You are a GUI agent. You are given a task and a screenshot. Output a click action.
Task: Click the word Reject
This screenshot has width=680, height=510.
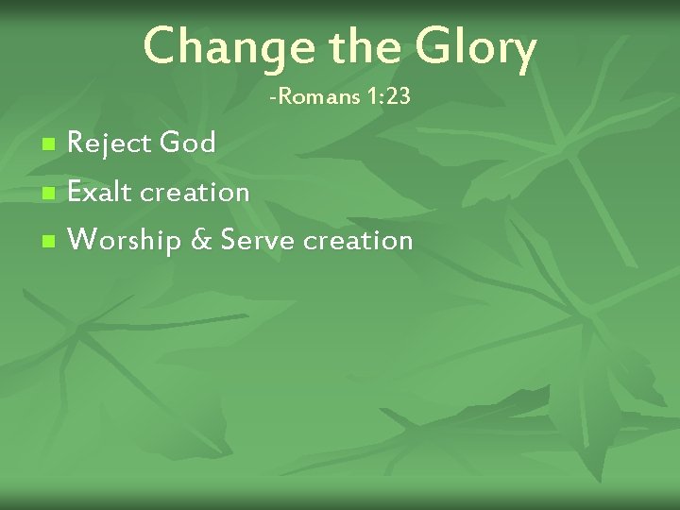point(110,144)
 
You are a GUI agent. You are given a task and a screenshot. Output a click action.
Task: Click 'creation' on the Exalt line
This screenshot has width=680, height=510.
point(195,193)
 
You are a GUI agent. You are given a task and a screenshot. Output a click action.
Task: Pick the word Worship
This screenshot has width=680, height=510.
point(127,241)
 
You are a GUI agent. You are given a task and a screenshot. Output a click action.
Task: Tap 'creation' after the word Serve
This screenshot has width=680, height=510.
point(357,241)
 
